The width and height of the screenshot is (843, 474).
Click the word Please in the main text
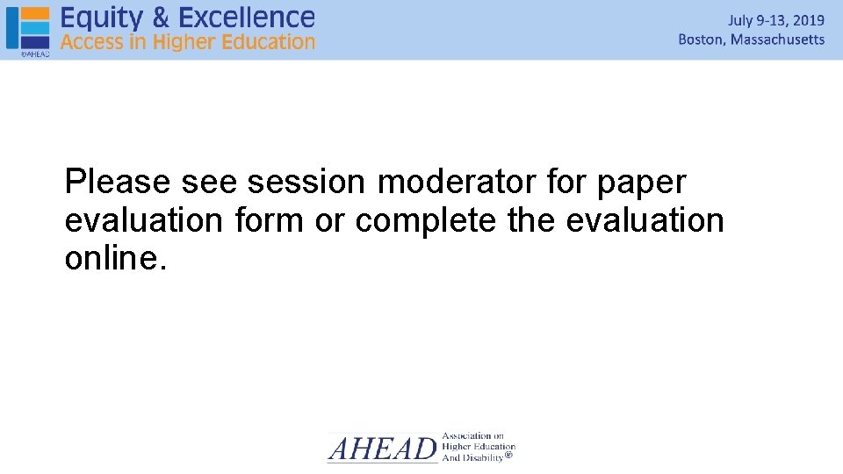(118, 183)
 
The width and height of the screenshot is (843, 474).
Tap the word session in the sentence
(306, 183)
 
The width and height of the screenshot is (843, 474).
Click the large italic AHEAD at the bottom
(382, 449)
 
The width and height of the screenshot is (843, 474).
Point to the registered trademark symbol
(509, 456)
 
